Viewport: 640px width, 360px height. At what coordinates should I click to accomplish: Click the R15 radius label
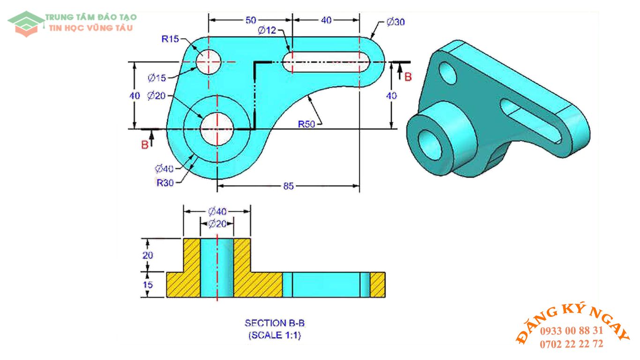170,39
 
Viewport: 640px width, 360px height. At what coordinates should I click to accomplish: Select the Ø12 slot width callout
267,30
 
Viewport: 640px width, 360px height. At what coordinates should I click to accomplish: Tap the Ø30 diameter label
396,22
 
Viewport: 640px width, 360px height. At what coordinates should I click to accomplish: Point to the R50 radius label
307,124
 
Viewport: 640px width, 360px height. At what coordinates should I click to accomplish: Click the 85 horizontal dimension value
288,186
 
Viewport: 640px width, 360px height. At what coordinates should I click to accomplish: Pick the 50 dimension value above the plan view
251,20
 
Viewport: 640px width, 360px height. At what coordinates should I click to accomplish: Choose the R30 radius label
165,183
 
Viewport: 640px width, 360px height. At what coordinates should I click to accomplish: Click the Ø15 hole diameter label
156,77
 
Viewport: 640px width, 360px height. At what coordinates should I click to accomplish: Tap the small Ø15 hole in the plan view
208,61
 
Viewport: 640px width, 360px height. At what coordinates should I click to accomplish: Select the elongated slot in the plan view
327,61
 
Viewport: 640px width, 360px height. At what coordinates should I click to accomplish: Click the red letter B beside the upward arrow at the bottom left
145,145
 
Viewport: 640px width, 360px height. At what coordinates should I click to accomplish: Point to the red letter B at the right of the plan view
408,77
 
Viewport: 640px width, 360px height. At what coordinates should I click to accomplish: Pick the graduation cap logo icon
26,23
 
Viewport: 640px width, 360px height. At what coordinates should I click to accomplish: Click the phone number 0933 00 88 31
572,331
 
